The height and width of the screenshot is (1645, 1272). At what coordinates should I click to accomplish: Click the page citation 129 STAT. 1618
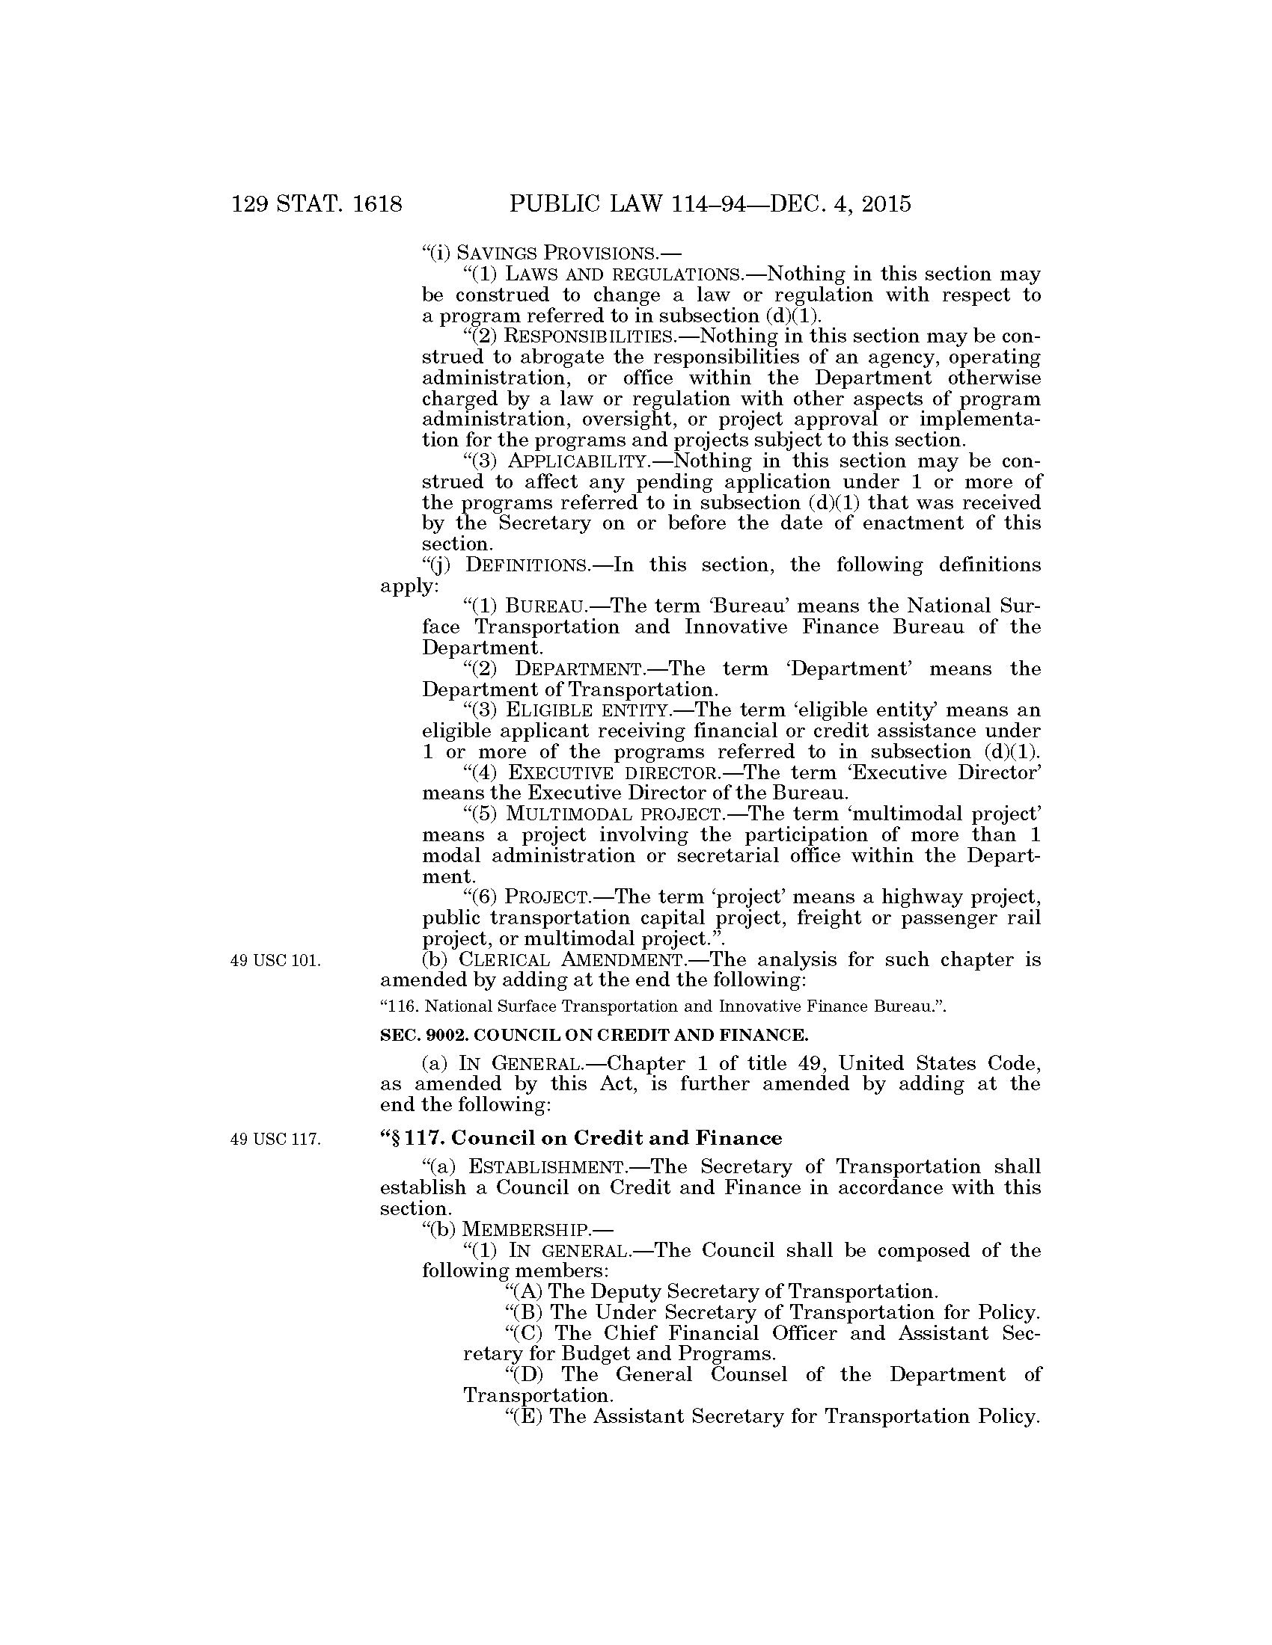pos(317,204)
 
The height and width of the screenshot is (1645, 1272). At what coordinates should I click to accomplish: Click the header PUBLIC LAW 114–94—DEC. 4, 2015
pos(710,204)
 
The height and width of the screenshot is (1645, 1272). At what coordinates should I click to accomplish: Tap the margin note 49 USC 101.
pos(277,961)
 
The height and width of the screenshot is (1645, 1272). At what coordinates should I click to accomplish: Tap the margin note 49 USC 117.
pos(277,1139)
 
